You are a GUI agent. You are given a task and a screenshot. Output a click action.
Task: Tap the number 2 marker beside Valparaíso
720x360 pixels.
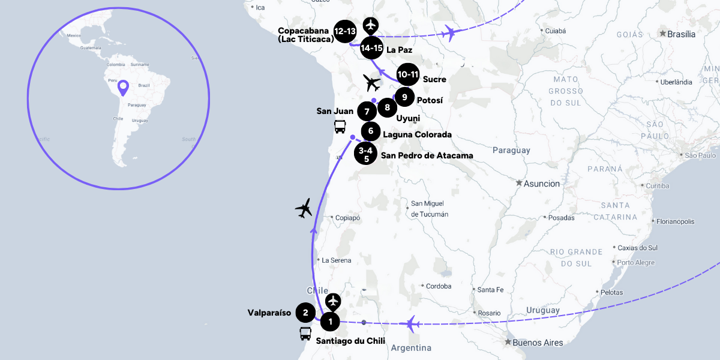305,312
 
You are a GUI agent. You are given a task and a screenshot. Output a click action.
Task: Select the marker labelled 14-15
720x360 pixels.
372,47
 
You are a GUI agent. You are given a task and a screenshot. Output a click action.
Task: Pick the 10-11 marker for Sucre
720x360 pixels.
407,74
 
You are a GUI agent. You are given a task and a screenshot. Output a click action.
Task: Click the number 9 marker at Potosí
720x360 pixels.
404,97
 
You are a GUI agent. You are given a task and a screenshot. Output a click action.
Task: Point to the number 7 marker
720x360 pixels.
366,112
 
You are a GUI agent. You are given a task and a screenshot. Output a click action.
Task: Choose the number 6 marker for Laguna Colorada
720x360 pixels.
371,130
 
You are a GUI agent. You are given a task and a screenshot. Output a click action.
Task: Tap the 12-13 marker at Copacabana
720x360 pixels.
346,32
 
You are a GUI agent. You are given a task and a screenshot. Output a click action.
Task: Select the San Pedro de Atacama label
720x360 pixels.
427,155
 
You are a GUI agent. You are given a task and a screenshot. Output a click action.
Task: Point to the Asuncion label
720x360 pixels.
541,183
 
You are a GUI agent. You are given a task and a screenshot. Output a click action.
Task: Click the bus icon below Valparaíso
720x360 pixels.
305,334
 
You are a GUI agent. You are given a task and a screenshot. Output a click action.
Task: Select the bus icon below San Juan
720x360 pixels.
340,127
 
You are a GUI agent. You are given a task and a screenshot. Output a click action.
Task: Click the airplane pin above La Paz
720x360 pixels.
372,26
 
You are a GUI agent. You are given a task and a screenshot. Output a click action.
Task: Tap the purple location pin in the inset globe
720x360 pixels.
123,88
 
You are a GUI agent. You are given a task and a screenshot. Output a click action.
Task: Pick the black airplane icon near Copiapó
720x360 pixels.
305,208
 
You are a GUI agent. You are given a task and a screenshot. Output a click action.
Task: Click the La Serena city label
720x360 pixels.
336,260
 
